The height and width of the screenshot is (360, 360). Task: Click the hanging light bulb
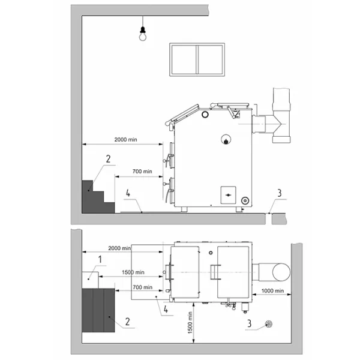[x=143, y=34]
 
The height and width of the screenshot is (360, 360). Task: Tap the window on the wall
[x=197, y=59]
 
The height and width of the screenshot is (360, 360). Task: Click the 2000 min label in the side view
[x=125, y=140]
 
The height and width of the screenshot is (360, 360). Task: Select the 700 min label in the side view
[x=142, y=171]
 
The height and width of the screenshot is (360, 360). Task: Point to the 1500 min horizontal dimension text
[x=133, y=272]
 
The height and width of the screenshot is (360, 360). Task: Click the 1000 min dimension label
[x=272, y=290]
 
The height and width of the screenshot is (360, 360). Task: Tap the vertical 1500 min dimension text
[x=190, y=323]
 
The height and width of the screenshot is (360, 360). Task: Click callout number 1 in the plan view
[x=100, y=259]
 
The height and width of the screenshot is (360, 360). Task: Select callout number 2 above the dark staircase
[x=108, y=159]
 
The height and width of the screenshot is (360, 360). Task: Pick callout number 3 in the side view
[x=280, y=193]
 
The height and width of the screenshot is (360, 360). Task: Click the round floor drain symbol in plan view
[x=268, y=324]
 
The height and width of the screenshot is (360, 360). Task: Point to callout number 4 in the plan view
[x=166, y=309]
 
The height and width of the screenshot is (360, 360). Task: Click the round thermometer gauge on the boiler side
[x=226, y=139]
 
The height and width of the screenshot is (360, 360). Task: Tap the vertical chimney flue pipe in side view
[x=281, y=115]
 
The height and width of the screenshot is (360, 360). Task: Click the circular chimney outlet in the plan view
[x=281, y=272]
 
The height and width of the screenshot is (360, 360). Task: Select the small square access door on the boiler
[x=228, y=195]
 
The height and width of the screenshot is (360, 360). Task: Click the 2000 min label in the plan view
[x=119, y=248]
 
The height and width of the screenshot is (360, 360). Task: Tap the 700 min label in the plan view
[x=142, y=287]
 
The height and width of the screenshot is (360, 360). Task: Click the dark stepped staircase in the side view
[x=98, y=197]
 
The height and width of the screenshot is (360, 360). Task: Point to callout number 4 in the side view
[x=128, y=193]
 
